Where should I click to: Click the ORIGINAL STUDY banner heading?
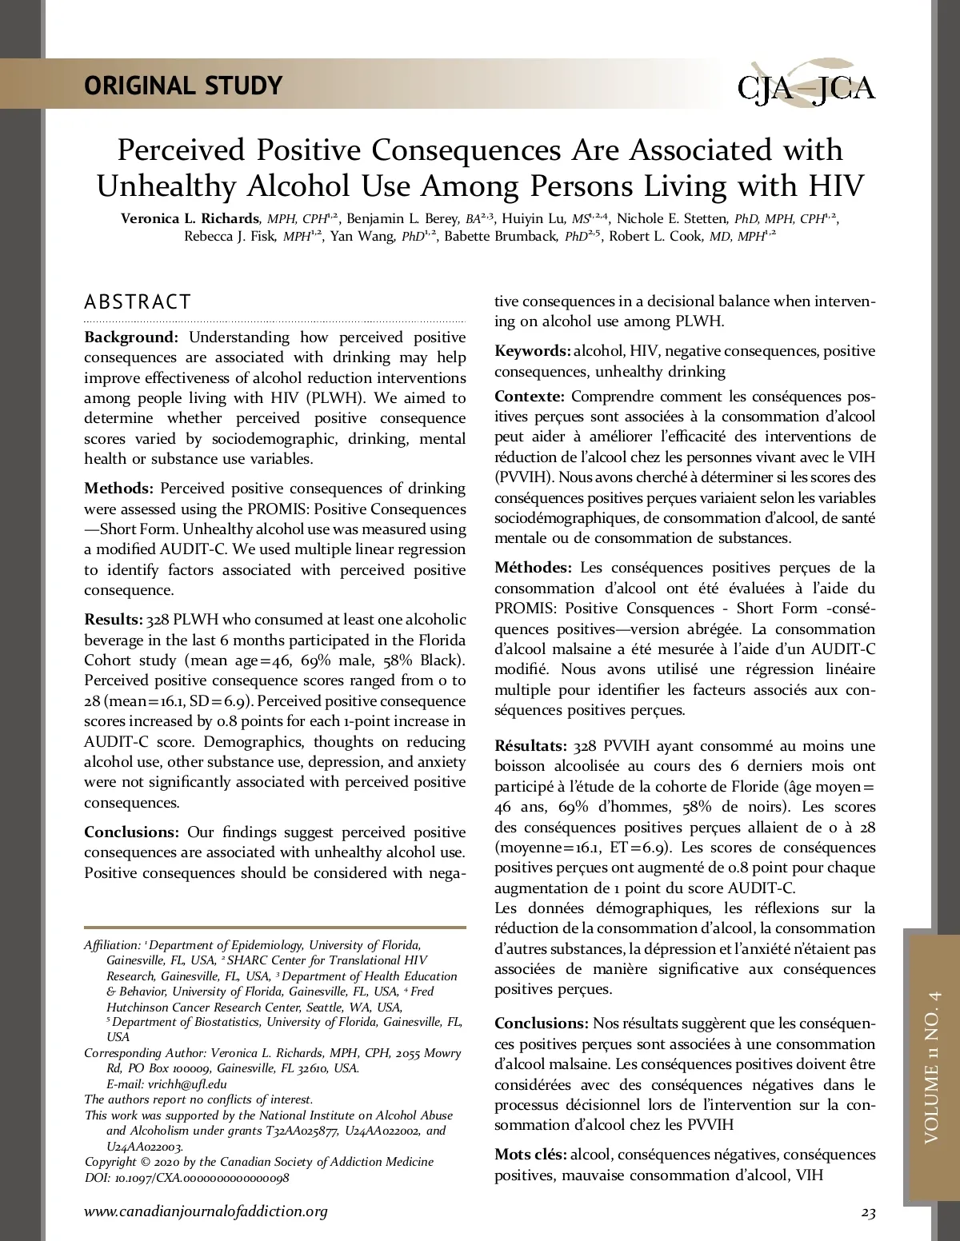click(183, 86)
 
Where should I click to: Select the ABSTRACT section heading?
click(138, 302)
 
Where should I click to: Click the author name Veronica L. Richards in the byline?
click(190, 218)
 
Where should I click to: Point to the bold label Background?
click(131, 337)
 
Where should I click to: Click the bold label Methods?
click(118, 489)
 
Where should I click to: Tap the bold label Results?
click(114, 620)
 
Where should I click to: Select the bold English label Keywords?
click(532, 351)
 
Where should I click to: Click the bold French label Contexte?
click(529, 397)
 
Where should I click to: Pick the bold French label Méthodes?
click(533, 568)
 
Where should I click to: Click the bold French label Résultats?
click(531, 746)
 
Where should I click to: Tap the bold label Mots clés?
click(530, 1155)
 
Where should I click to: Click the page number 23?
click(868, 1213)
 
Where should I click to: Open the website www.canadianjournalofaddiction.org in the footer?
click(206, 1211)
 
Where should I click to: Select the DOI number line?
click(186, 1178)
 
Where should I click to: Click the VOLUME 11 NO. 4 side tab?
click(931, 1067)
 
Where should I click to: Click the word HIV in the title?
click(836, 186)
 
